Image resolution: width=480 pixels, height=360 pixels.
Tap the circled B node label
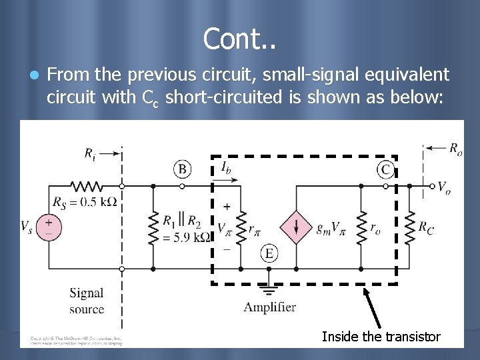click(x=182, y=168)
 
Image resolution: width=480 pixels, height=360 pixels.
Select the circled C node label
click(x=385, y=169)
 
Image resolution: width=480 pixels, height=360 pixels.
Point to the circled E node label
click(x=269, y=253)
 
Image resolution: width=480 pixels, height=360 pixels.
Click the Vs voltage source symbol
click(x=48, y=227)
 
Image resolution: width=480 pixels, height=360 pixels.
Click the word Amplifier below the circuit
click(x=269, y=307)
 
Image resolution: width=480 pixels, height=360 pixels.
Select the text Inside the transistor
click(x=381, y=337)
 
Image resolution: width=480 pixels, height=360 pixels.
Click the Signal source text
click(x=87, y=301)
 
